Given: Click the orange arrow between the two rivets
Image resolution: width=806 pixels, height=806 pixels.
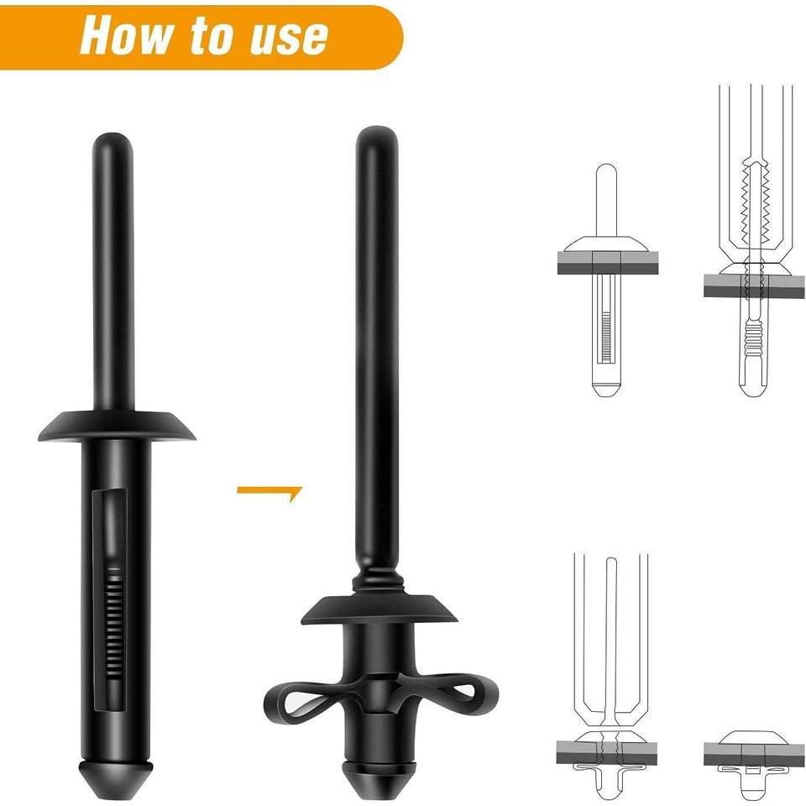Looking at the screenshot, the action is coord(270,493).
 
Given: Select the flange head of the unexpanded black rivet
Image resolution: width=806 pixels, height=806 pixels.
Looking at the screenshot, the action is coord(117,426).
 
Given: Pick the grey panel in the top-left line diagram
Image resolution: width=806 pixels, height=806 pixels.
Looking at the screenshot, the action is coord(608,263).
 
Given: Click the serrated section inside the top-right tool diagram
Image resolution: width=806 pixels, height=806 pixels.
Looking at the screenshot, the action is coord(754,194).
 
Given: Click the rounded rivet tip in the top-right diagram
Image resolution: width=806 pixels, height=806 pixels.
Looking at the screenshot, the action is coord(754,389).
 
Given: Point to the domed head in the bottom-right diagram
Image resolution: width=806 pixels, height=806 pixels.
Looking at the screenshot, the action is coord(754,737).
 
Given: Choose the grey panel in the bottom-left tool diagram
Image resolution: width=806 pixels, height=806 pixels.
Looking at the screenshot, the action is coord(607,752).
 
